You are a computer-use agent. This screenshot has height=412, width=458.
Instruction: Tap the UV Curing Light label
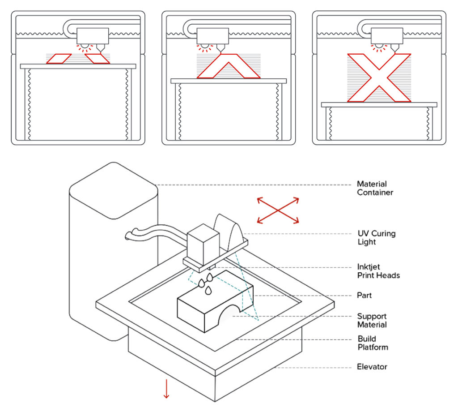coord(376,238)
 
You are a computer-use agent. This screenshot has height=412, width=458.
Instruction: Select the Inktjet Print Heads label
coord(378,271)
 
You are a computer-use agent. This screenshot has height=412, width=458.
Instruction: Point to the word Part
coord(364,296)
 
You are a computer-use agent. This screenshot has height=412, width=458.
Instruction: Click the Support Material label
coord(372,320)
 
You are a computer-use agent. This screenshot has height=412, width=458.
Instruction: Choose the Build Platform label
coord(373,343)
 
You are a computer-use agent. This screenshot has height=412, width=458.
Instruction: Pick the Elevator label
coord(372,367)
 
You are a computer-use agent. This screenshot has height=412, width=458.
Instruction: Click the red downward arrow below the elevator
coord(166,389)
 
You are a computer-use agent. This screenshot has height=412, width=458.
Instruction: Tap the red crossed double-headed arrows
coord(278,210)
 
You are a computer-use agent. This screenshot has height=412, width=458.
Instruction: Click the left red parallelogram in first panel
coord(59,59)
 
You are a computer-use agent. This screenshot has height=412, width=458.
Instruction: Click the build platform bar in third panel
coord(379,105)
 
